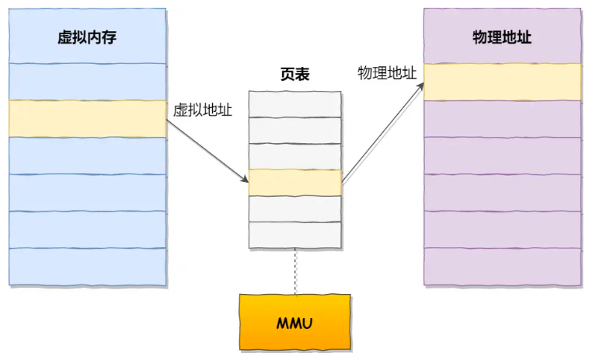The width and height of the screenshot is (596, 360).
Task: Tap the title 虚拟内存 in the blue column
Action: coord(87,37)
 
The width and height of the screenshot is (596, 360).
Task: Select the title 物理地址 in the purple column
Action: coord(502,37)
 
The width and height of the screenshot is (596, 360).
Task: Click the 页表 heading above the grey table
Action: coord(295,75)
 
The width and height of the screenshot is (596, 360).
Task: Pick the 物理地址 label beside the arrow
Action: coord(386,72)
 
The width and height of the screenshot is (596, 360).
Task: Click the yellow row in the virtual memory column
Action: coord(87,118)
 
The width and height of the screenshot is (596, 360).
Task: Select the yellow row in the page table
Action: coord(295,182)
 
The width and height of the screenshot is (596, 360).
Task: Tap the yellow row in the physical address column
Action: coord(502,82)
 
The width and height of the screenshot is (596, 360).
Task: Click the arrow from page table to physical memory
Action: coord(382,132)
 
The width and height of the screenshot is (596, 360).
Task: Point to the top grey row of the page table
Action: coord(295,104)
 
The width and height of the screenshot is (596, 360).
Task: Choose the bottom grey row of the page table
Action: coord(295,234)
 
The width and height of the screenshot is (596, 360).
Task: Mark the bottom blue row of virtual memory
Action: coord(87,266)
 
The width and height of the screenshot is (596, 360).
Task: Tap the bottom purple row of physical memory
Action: coord(502,266)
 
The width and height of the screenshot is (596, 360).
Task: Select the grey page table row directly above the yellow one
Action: coord(295,156)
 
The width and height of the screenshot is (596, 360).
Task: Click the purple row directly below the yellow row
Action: coord(502,118)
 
